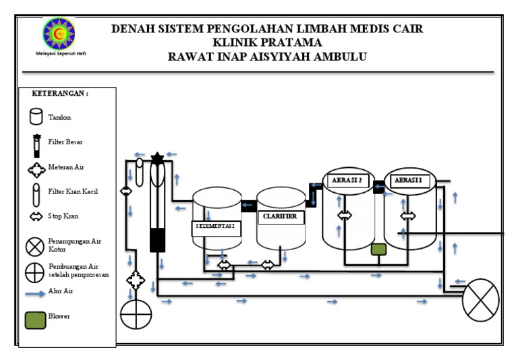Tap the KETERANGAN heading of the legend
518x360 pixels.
point(60,94)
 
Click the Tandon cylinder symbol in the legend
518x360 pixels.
point(36,117)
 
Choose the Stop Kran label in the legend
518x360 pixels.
point(63,217)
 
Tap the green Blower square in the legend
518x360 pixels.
point(35,317)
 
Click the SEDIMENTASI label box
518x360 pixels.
point(215,227)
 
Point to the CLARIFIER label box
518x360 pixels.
point(280,217)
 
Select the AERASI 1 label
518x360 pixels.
point(409,180)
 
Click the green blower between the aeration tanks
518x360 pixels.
point(378,249)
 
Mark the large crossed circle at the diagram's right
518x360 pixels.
point(480,300)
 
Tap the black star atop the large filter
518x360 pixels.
point(158,159)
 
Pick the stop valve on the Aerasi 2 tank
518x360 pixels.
point(345,216)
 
